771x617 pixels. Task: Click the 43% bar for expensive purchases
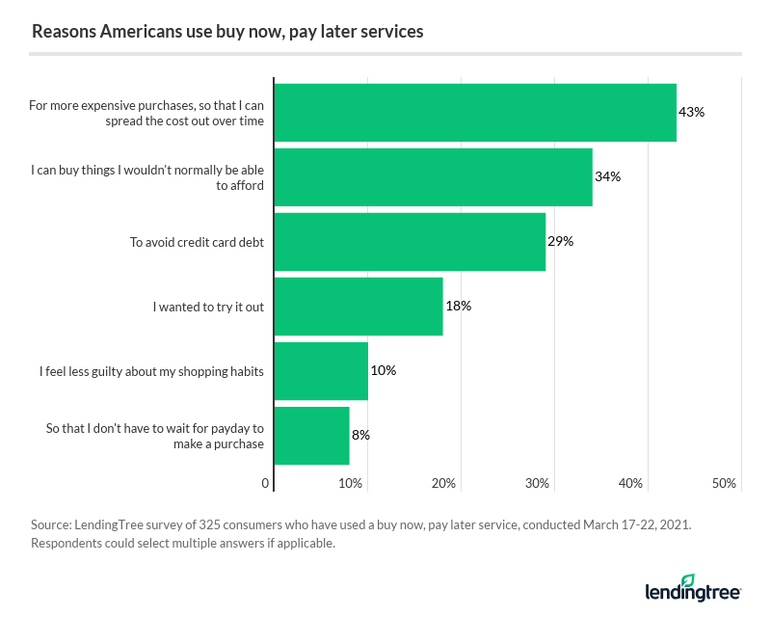[475, 112]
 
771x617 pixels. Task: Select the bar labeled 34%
[433, 176]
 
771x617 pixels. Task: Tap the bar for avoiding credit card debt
[410, 241]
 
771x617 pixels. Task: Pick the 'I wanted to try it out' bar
[359, 306]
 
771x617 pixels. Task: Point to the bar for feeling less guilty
[321, 370]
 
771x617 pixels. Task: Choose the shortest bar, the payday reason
[311, 435]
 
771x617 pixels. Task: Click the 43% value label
[692, 112]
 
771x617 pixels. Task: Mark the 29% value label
[561, 241]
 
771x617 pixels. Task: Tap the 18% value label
[458, 306]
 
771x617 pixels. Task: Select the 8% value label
[360, 435]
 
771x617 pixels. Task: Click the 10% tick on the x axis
[352, 483]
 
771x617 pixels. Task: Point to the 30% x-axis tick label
[538, 483]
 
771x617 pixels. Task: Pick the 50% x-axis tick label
[724, 483]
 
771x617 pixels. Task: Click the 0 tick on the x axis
[266, 483]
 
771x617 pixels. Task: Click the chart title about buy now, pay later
[227, 31]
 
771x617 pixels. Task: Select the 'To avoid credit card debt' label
[197, 241]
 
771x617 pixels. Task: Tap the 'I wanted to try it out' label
[208, 306]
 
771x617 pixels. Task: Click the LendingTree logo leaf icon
[687, 579]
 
